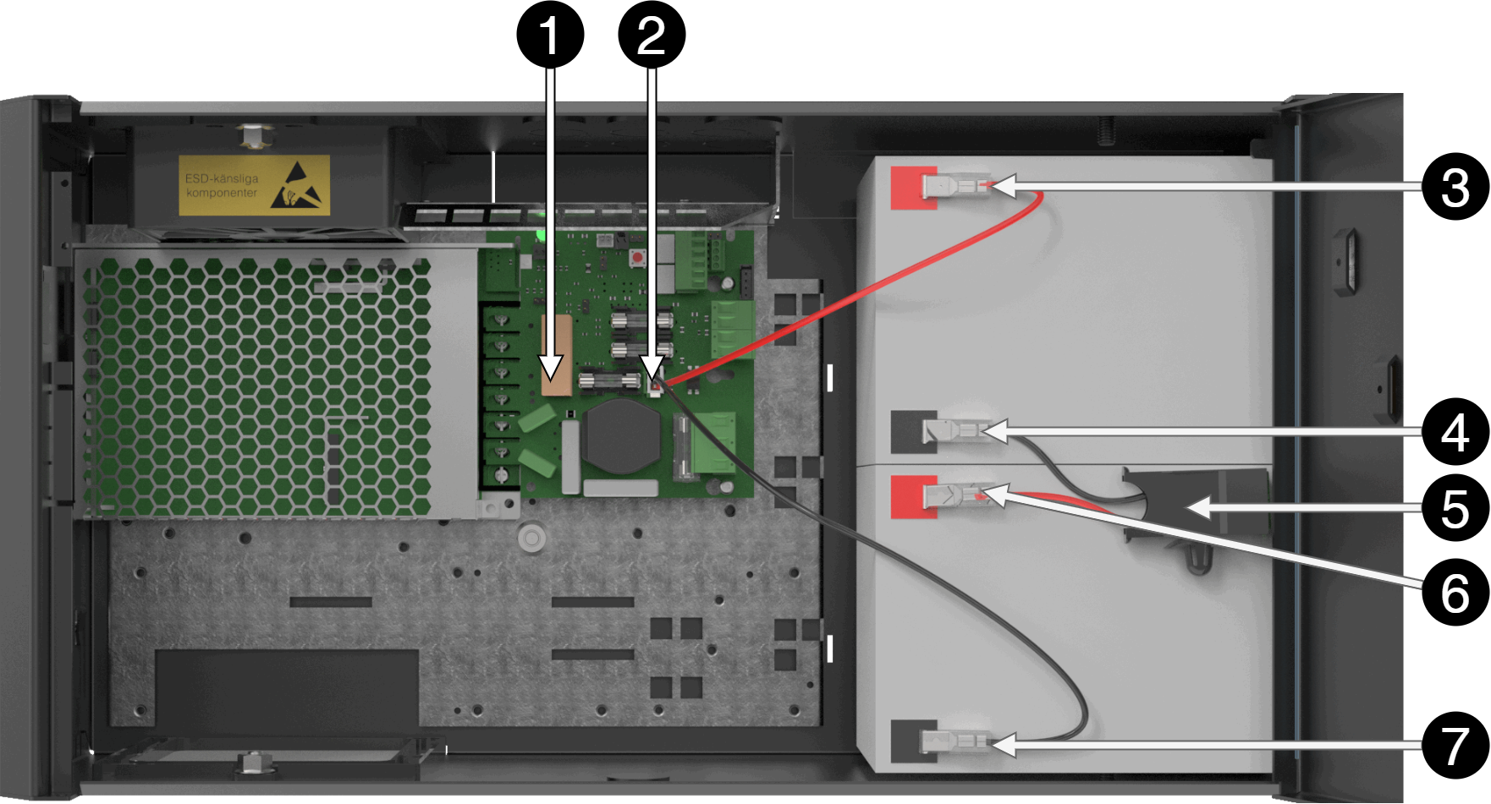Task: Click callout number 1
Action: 550,38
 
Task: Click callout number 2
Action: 651,38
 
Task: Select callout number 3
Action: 1455,188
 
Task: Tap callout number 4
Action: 1455,433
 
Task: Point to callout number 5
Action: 1455,509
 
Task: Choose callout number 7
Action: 1455,747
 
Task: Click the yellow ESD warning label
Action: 253,185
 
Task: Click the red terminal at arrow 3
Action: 913,187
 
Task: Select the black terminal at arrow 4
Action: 913,431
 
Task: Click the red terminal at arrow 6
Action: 913,496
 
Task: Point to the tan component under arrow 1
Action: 554,356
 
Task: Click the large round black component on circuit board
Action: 623,436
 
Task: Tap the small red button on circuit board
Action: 635,255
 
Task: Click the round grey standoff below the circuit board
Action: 531,537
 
